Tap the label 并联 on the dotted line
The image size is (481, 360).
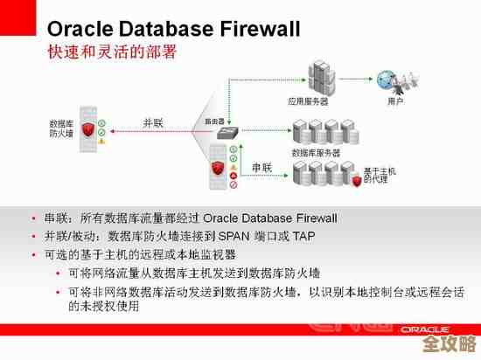(154, 122)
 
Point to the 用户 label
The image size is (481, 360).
(395, 102)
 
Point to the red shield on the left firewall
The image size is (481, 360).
(87, 131)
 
